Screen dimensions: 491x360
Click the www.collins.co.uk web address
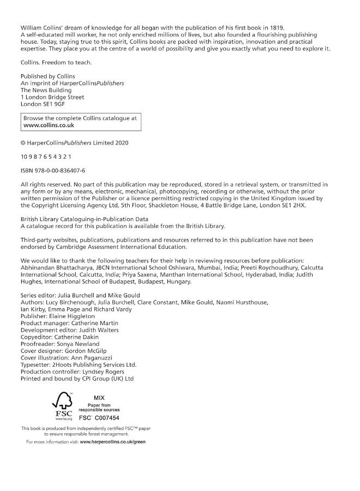[x=49, y=125]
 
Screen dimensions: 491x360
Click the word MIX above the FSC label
[x=99, y=398]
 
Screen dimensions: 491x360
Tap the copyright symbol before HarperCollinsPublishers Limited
[x=23, y=142]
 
